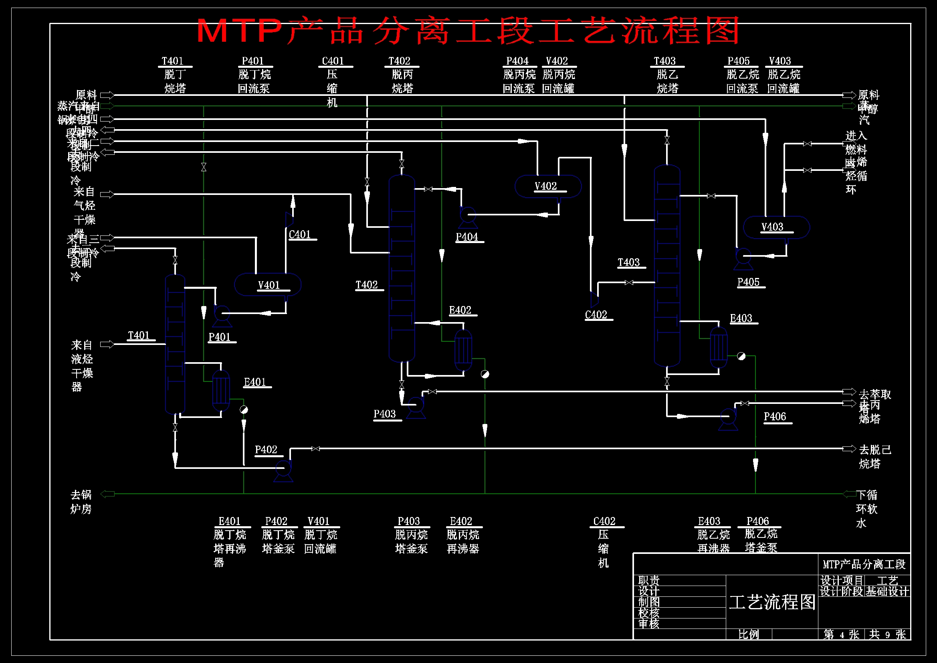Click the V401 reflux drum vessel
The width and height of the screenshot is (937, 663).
267,284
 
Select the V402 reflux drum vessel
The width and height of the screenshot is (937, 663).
548,186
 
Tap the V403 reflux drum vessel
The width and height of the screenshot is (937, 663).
776,227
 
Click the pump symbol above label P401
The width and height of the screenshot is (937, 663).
222,315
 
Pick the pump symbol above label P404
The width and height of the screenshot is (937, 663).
468,216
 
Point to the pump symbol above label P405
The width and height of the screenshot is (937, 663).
743,258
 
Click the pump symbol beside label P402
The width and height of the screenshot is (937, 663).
283,469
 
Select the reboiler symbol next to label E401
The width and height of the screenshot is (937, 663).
221,390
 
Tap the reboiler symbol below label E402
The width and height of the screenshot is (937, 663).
463,350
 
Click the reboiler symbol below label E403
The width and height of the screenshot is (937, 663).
718,347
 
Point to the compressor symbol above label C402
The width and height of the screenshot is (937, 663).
594,299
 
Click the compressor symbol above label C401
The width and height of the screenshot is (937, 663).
289,219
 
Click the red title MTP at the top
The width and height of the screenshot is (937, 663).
240,30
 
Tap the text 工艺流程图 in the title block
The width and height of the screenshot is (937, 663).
772,602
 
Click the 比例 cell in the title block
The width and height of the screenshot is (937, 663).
749,634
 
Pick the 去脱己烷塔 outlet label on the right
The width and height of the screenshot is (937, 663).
874,456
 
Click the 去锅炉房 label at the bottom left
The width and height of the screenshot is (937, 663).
81,502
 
